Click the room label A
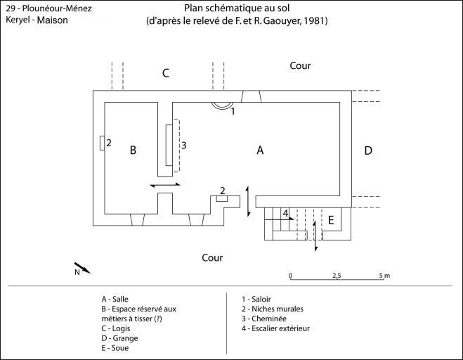pos(260,150)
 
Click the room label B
pos(131,150)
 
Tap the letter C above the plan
pos(165,72)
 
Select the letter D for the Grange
pos(368,150)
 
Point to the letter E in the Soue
pos(331,220)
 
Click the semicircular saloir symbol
pos(223,105)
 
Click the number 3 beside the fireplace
pos(183,145)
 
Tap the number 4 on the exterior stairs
pos(285,212)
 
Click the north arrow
pos(82,268)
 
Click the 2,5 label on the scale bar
pos(337,275)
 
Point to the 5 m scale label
pos(384,275)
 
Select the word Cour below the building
pos(212,258)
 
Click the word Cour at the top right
pos(301,65)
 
